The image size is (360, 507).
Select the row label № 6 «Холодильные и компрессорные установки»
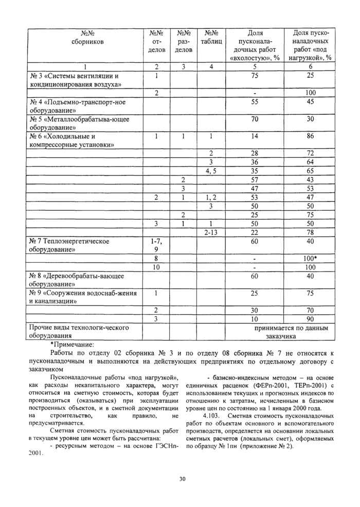70,141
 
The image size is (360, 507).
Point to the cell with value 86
311,137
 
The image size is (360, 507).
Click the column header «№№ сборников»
84,38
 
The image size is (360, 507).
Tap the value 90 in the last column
311,319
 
